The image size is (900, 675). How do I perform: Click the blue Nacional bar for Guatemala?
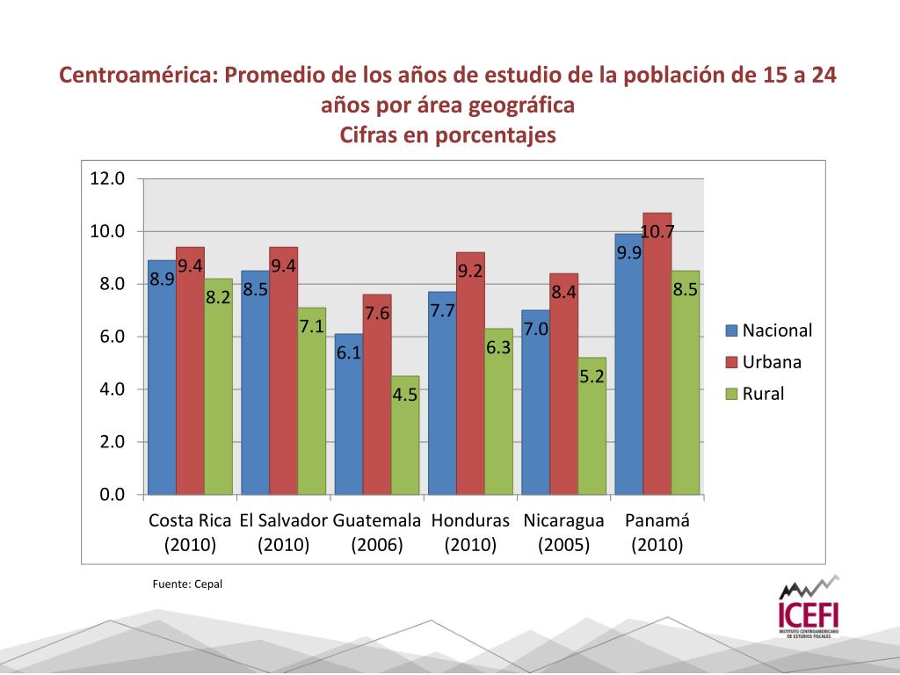pyautogui.click(x=349, y=422)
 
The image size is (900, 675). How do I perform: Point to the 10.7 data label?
pyautogui.click(x=657, y=232)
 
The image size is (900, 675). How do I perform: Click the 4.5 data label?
pyautogui.click(x=405, y=395)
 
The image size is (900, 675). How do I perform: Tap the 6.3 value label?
pyautogui.click(x=498, y=347)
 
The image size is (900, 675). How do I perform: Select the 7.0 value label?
pyautogui.click(x=536, y=329)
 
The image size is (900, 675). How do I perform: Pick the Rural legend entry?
pyautogui.click(x=763, y=394)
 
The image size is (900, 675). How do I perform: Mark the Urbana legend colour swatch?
pyautogui.click(x=731, y=362)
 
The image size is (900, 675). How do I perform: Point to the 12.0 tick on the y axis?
pyautogui.click(x=108, y=178)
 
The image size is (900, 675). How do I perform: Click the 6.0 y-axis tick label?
pyautogui.click(x=108, y=337)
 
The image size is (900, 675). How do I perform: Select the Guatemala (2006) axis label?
pyautogui.click(x=377, y=533)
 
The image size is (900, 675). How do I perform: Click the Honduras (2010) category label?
pyautogui.click(x=470, y=533)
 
